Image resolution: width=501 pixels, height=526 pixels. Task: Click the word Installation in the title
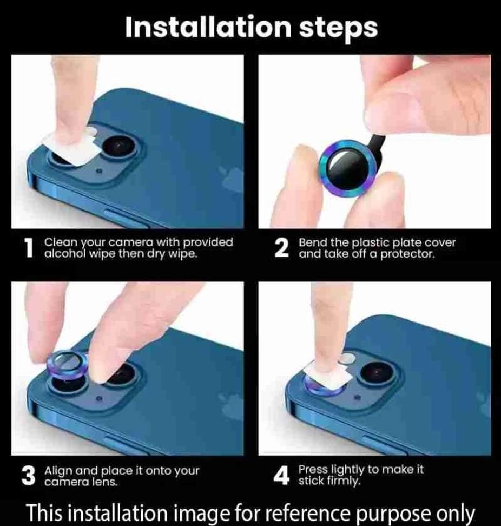click(208, 27)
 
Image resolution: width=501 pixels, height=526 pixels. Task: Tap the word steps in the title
click(338, 29)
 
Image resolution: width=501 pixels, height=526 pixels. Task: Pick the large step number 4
click(281, 476)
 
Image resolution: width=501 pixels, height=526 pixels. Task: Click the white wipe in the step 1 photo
click(72, 148)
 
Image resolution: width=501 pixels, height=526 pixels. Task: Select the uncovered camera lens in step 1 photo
click(118, 147)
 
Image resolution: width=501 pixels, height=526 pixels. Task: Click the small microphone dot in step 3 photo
click(99, 399)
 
